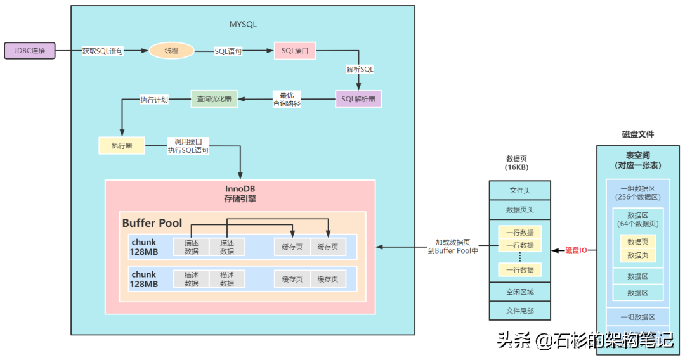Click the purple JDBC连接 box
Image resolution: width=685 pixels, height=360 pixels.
(30, 51)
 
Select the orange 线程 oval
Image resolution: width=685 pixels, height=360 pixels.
(171, 51)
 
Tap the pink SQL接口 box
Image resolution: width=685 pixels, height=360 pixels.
(295, 51)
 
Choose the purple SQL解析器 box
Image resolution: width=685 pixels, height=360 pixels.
(358, 99)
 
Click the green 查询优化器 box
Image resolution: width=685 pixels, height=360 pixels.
(214, 99)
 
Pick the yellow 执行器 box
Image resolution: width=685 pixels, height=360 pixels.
(121, 146)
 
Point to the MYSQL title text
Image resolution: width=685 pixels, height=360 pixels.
(243, 24)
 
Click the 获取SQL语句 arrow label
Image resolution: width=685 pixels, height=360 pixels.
(102, 51)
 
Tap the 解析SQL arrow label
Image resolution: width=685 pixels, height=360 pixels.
(360, 68)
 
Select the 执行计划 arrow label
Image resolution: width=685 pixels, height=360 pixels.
(154, 100)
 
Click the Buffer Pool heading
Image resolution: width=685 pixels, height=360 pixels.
(152, 223)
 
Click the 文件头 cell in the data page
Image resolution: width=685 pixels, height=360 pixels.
(519, 190)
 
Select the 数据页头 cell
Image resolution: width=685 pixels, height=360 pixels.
(519, 210)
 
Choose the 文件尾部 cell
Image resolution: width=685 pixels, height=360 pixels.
(519, 311)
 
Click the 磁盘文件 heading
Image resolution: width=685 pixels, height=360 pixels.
(637, 134)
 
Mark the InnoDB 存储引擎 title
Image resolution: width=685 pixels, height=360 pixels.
(240, 193)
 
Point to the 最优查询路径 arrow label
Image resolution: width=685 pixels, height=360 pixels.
(287, 99)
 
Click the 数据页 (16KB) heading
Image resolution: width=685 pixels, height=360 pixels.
(518, 163)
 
